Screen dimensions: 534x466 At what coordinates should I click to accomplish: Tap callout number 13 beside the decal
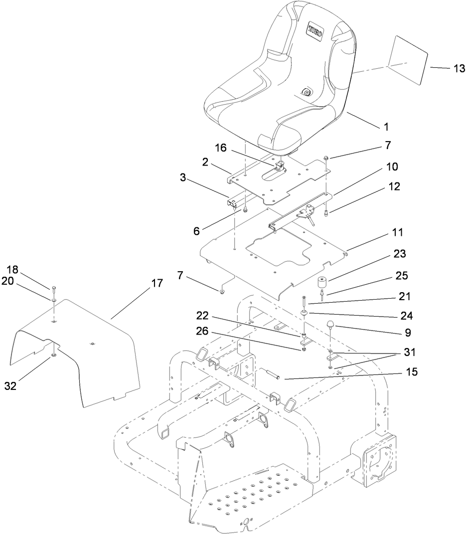(x=459, y=69)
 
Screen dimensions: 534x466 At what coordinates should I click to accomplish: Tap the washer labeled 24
(x=304, y=313)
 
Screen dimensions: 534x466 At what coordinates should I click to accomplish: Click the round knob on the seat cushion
(x=306, y=92)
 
